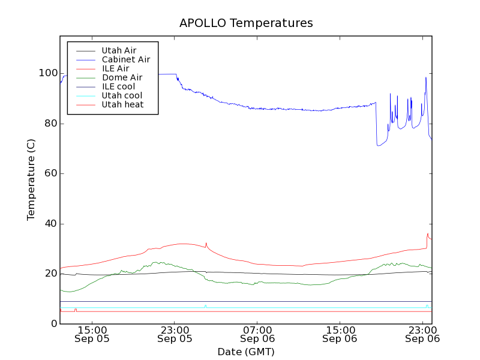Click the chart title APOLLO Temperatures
246,23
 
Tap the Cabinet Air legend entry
125,60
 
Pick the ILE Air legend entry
115,68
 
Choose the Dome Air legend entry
122,77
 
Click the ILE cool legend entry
118,86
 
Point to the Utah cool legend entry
122,95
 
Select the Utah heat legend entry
122,104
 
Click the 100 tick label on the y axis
48,73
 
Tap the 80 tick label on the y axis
50,124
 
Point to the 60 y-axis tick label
50,173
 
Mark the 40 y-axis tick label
50,224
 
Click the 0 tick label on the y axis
53,324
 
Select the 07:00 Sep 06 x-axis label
257,334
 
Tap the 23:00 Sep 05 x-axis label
175,334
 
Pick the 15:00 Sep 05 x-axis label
92,334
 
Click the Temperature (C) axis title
31,180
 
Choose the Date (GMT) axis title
246,352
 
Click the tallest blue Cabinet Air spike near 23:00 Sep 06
426,77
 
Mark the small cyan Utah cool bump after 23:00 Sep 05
205,305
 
